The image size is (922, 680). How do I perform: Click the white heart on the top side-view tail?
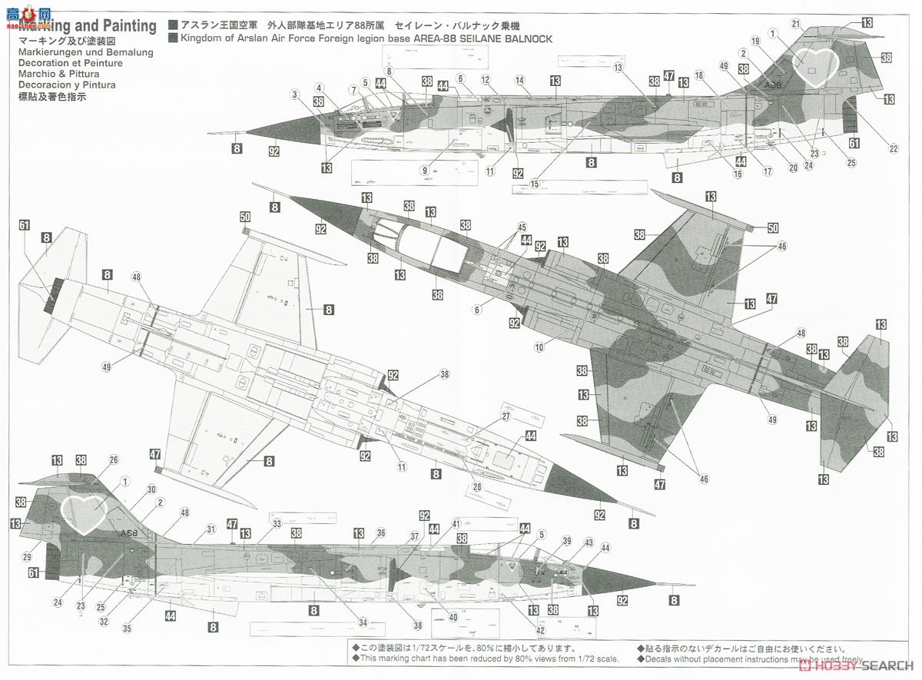[818, 66]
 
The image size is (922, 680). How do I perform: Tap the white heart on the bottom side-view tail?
[83, 512]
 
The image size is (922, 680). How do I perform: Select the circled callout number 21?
[796, 24]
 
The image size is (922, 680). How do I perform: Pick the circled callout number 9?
[423, 170]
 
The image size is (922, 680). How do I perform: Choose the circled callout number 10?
[539, 348]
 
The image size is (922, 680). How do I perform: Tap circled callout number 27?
[506, 416]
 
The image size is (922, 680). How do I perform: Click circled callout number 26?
[114, 460]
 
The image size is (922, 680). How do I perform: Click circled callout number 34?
[362, 622]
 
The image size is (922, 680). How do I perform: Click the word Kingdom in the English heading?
[202, 38]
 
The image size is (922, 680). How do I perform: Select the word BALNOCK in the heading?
[528, 38]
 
